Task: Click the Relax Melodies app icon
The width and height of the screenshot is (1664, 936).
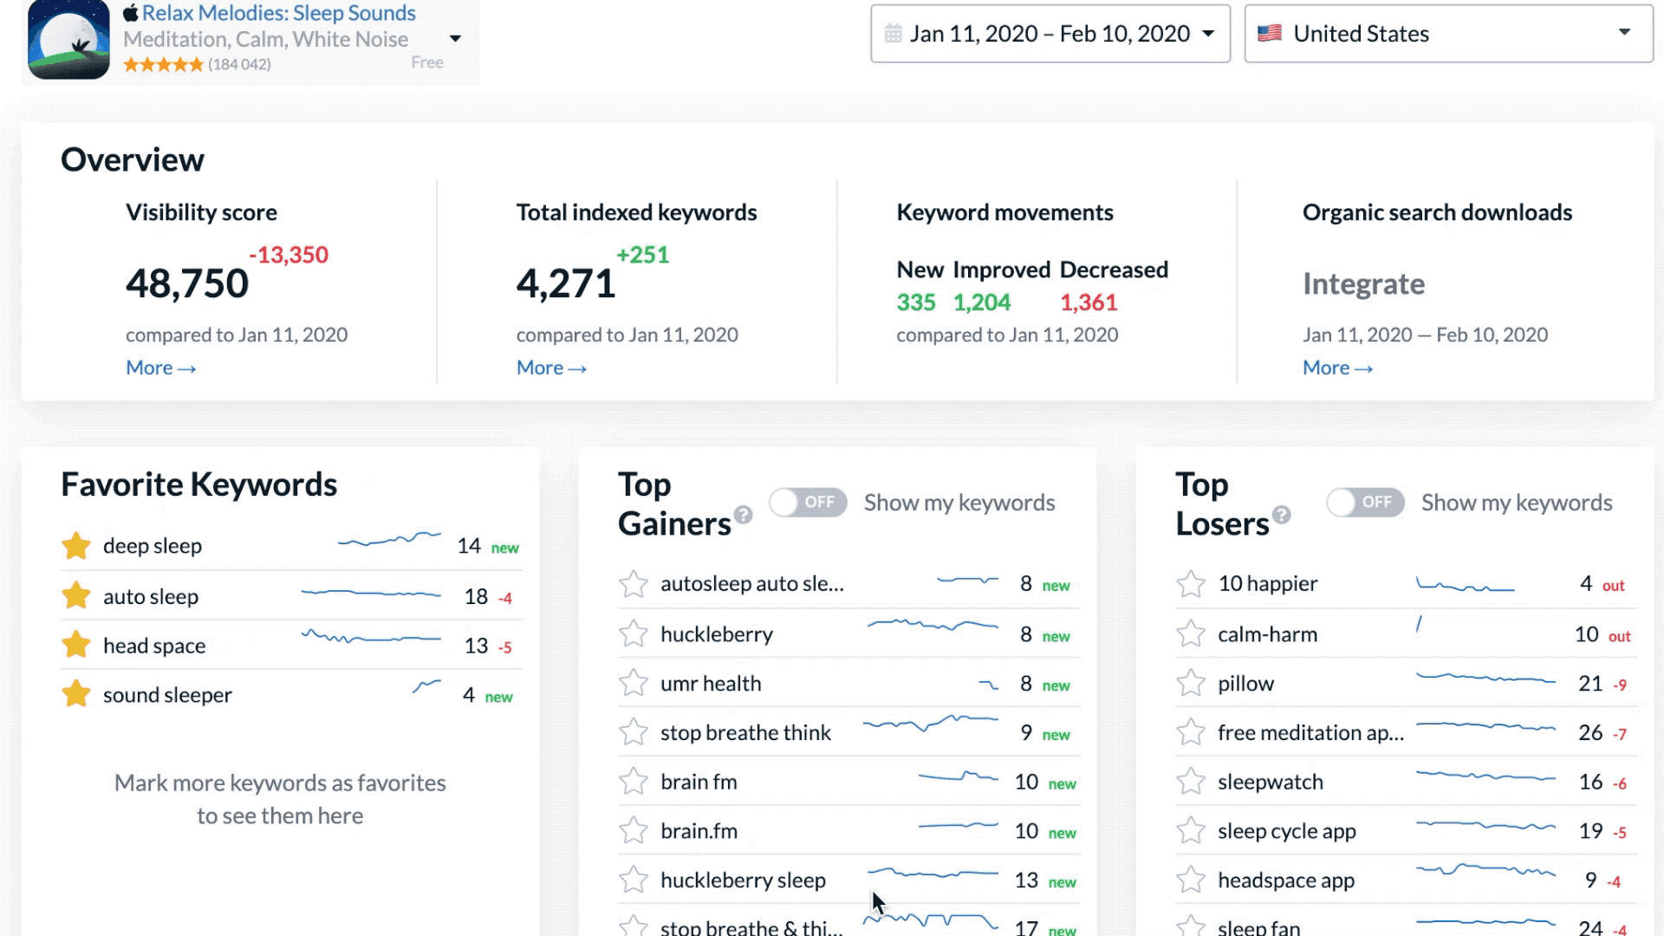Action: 68,40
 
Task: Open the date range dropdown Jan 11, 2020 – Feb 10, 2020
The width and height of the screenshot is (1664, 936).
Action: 1050,34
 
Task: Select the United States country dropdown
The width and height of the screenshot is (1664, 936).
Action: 1447,34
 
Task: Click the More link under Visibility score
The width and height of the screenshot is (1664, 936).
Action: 160,368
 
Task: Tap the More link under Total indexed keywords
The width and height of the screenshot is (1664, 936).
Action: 551,368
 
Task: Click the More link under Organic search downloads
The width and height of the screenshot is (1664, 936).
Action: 1337,368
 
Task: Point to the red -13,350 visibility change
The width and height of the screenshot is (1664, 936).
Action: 289,255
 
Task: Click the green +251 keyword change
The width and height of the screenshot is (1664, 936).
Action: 642,255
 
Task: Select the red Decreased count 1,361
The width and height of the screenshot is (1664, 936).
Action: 1089,302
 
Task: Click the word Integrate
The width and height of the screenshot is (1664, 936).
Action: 1363,284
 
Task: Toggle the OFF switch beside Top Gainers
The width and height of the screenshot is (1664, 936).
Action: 808,503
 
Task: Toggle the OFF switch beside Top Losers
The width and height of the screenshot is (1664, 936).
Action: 1365,503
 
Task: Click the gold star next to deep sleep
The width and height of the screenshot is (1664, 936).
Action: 76,546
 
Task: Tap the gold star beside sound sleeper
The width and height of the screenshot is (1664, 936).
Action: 76,694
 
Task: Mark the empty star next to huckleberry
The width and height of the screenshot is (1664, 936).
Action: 634,634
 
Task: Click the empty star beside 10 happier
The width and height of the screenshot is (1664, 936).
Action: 1191,584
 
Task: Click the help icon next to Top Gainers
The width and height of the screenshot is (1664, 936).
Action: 743,515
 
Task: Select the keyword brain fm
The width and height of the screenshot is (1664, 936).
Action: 699,783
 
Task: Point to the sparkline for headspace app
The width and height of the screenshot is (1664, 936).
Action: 1485,870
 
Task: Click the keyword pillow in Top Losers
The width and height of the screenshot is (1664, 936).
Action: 1245,684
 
